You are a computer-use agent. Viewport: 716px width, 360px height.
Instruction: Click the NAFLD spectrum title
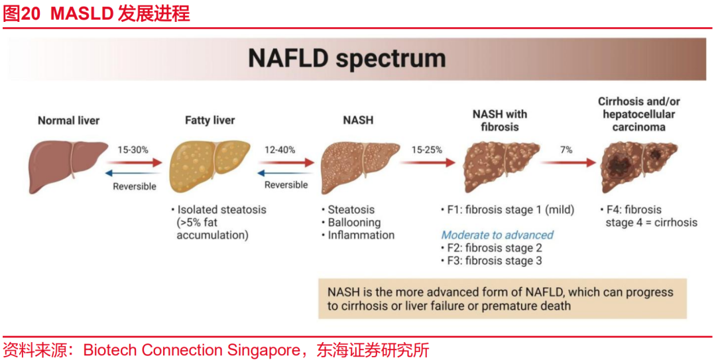point(347,58)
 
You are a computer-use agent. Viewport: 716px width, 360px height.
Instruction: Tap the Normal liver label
point(68,121)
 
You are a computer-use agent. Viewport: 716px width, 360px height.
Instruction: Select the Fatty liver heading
point(210,121)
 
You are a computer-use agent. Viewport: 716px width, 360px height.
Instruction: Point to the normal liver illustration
point(68,165)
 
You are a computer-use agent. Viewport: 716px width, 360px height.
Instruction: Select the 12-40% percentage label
point(280,150)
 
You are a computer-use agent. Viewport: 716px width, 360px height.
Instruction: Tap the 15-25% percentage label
point(426,150)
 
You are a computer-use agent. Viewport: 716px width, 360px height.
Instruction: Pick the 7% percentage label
point(566,150)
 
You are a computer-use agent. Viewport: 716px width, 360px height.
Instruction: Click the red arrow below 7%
point(569,162)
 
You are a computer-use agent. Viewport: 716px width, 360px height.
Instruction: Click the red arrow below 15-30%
point(134,162)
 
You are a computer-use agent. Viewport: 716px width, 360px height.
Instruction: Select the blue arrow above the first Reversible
point(133,173)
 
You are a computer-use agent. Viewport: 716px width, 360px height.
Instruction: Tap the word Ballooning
point(354,223)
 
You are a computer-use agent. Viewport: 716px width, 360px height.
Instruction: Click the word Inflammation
point(361,235)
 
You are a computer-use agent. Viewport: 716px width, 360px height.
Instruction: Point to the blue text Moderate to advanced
point(497,235)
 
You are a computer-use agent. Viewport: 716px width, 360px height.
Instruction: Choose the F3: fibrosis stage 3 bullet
point(492,261)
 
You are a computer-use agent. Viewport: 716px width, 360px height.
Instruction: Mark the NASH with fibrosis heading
point(500,120)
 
